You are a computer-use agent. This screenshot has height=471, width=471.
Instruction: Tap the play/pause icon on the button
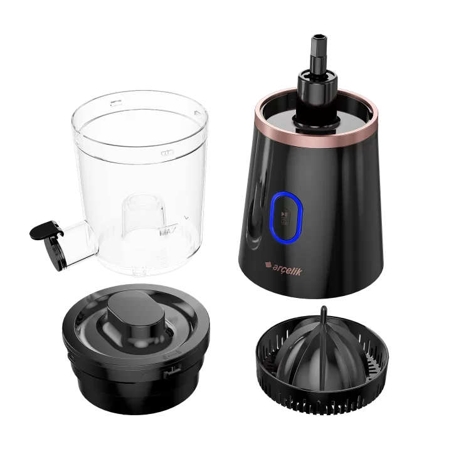pos(284,214)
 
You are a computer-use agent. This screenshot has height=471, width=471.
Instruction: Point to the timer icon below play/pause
pos(284,221)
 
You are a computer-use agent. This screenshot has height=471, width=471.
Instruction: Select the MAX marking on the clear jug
pos(167,232)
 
